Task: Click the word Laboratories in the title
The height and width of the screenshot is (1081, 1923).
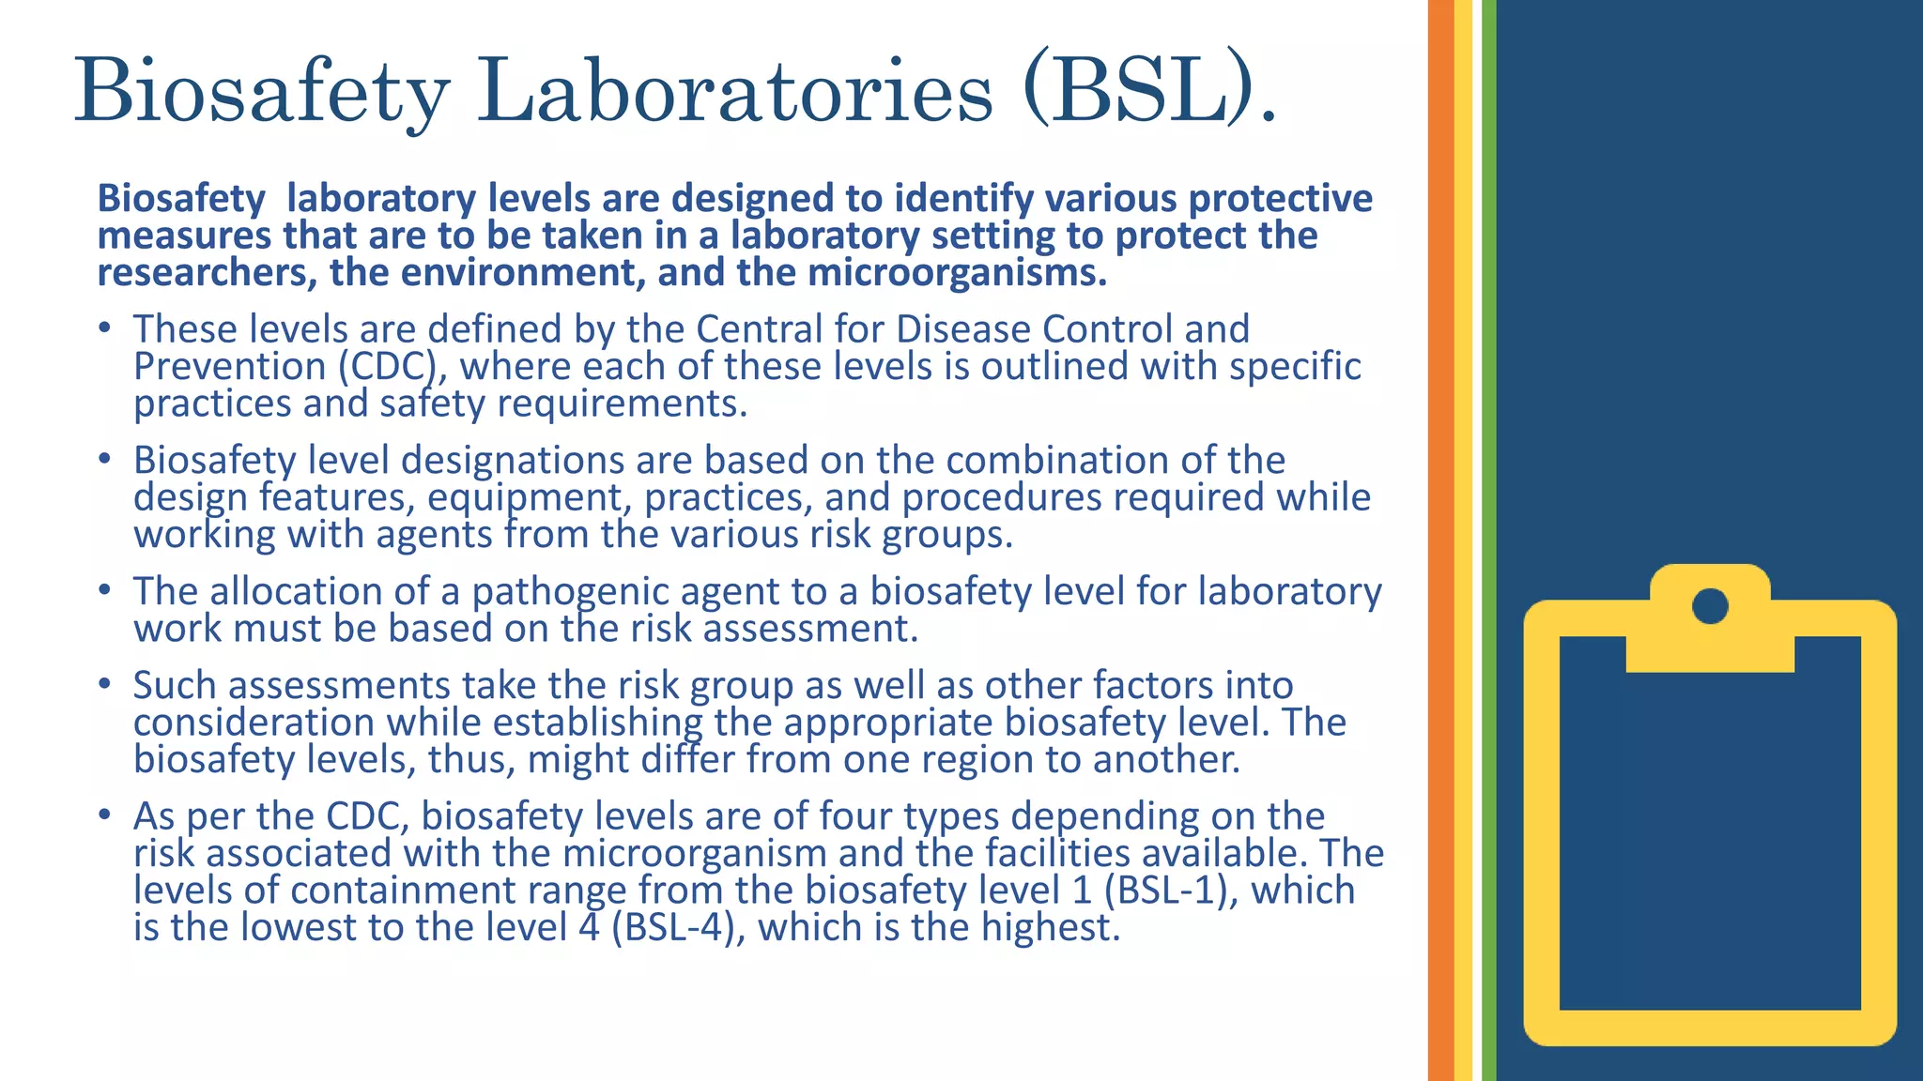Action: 734,91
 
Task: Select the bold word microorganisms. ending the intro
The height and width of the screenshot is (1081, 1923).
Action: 957,273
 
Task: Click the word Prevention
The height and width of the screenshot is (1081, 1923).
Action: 229,366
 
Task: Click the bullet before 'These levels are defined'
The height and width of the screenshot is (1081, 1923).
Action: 105,328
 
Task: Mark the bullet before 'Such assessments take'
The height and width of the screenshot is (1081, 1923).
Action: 105,685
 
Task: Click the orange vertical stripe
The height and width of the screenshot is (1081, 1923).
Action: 1440,540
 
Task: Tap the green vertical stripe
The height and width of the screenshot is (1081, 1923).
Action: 1489,540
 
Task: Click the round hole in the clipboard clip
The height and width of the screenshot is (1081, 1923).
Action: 1710,605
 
